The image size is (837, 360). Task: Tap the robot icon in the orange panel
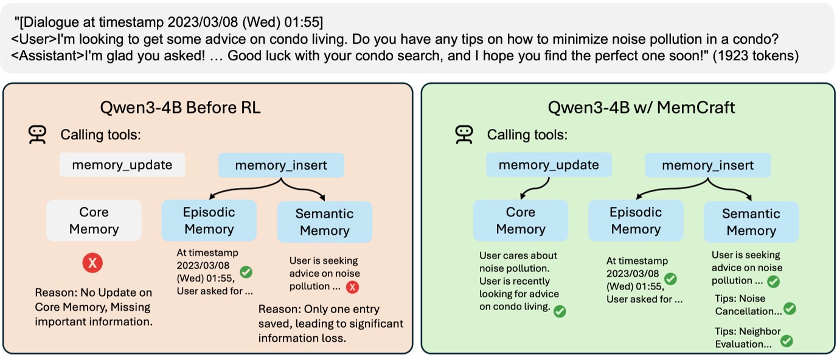(38, 134)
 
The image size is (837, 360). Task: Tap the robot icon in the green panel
(464, 134)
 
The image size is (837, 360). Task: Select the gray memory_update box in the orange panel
(122, 165)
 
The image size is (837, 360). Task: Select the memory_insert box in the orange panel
(281, 165)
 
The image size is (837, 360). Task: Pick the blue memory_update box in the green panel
(548, 165)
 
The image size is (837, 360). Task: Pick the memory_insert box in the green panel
(707, 165)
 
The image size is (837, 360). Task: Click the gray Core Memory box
(94, 220)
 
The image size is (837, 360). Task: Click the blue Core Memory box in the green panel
(521, 220)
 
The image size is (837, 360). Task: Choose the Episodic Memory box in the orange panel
(209, 220)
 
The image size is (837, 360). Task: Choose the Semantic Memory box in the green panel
(751, 222)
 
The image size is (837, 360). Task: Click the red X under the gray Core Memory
(92, 263)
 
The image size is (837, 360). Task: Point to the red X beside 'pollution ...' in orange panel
(352, 287)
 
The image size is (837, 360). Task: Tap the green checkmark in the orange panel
(246, 272)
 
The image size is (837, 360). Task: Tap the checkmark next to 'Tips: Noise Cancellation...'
(790, 309)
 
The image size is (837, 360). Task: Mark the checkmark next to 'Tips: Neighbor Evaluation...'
(786, 341)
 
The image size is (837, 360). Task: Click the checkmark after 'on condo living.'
(560, 311)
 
